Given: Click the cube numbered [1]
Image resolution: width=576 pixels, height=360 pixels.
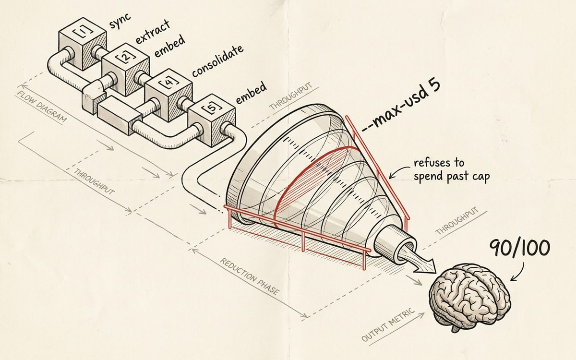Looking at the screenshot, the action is pos(83,44).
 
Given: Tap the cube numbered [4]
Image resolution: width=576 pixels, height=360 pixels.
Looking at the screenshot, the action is pos(168,95).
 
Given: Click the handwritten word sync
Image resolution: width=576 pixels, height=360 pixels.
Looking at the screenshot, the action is pos(120,20).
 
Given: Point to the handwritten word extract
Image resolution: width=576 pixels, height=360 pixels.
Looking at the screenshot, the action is pos(152,32).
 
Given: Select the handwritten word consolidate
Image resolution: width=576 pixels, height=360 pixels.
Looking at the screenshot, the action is pos(217,61).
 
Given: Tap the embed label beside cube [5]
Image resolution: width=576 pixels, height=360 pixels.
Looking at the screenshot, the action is pos(251,93).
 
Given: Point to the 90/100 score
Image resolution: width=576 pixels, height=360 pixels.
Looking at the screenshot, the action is pos(519,248).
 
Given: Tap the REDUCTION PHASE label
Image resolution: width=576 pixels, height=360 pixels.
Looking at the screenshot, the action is pos(250,276).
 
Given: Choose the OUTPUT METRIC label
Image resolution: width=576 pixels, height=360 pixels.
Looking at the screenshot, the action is pos(388,324).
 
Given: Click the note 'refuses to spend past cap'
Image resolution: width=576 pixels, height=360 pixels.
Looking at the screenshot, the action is pos(452,170).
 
